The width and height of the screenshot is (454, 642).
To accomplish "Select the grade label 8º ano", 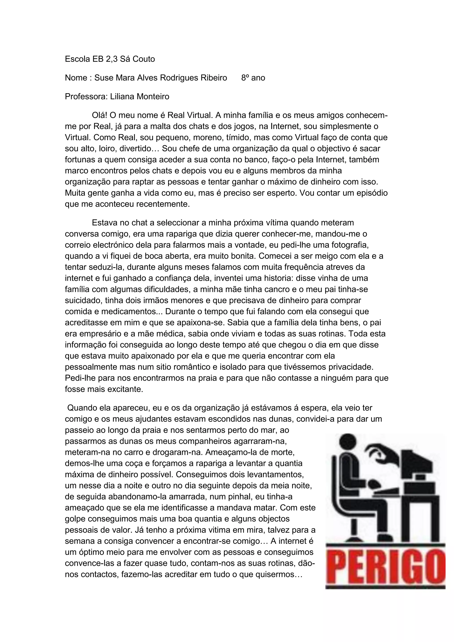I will point(253,78).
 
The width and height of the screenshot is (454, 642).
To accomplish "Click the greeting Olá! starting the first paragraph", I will point(100,115).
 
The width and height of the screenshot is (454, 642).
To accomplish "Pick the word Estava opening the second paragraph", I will point(105,223).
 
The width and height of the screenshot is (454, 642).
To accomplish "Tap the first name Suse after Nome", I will point(103,78).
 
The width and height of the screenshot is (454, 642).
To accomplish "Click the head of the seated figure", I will point(347,443).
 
